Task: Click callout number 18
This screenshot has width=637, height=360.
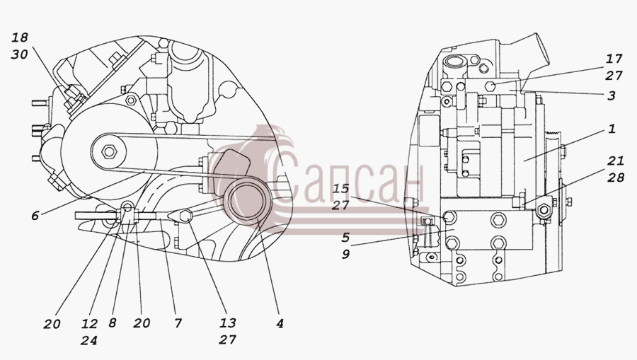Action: point(20,37)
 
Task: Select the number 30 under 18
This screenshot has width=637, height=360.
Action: point(20,54)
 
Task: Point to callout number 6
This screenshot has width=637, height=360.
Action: point(35,216)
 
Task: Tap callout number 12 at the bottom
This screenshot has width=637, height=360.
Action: point(89,323)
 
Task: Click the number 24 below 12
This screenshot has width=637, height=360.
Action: point(89,340)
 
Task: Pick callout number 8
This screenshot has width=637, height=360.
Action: point(113,323)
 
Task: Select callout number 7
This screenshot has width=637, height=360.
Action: point(178,323)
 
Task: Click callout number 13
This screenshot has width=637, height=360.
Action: point(227,323)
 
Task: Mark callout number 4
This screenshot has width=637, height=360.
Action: point(280,323)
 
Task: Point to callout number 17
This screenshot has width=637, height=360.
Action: point(614,59)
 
